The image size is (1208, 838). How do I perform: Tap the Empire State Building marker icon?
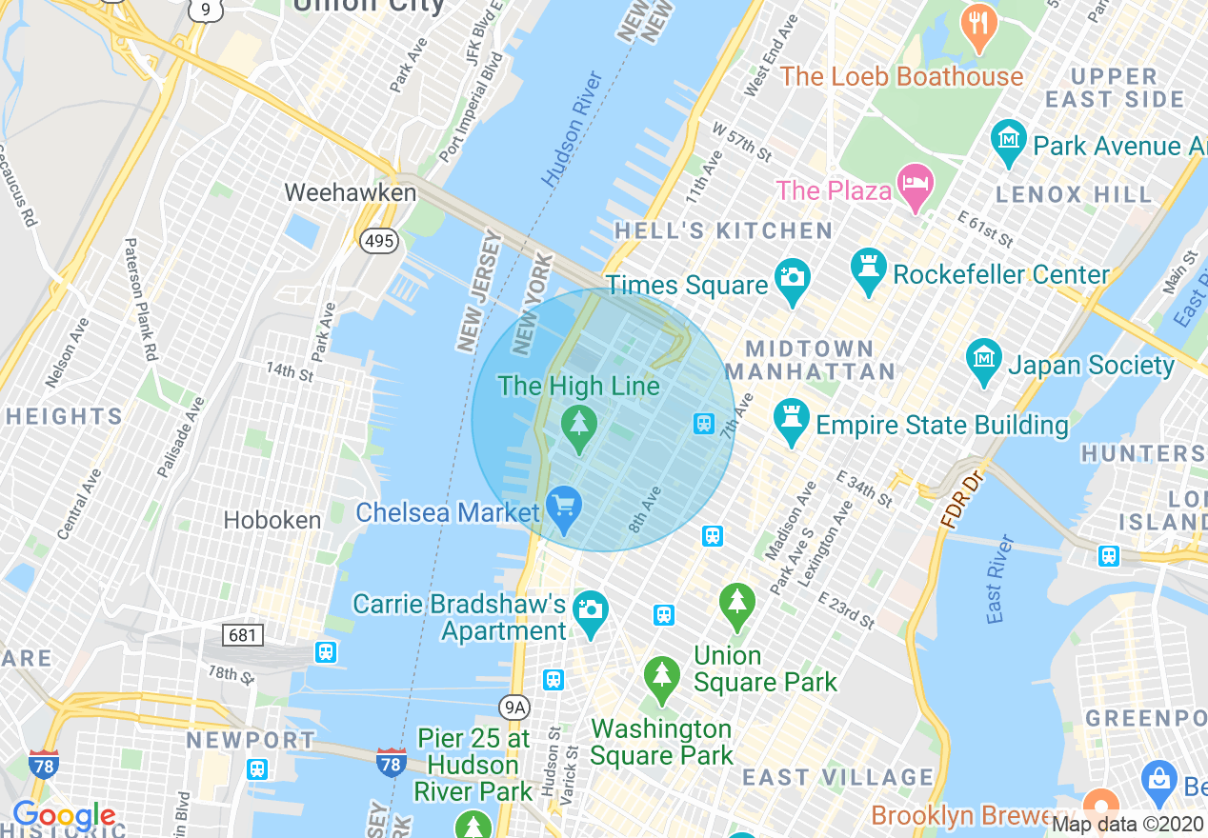click(792, 421)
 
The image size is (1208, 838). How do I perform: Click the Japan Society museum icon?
click(984, 360)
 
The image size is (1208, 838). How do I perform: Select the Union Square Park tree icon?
click(736, 605)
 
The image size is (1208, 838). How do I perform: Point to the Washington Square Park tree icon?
click(661, 678)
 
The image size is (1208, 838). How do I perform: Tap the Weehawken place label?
click(351, 192)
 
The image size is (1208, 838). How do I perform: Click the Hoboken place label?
click(272, 520)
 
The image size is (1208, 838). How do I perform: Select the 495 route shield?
click(378, 241)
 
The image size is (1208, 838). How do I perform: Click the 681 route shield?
click(242, 634)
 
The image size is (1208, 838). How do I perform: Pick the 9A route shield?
click(514, 706)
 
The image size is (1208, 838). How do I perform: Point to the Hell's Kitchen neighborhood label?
click(723, 230)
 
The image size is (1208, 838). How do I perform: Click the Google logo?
click(64, 815)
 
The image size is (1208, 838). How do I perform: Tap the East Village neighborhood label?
click(838, 777)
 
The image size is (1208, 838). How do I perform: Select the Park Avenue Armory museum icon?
click(1008, 140)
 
